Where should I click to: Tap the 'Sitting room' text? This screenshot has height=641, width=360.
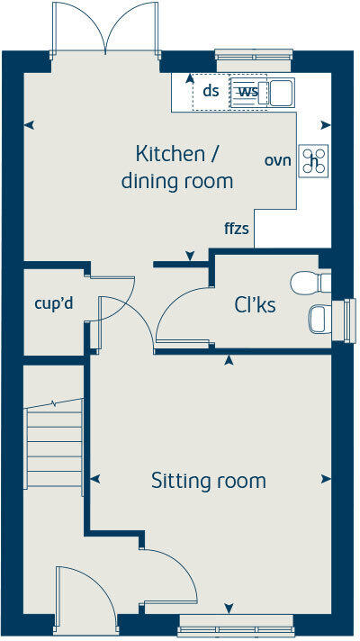pyautogui.click(x=208, y=481)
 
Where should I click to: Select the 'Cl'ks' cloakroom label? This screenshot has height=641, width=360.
pyautogui.click(x=255, y=305)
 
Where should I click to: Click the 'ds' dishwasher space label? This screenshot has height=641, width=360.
pyautogui.click(x=211, y=91)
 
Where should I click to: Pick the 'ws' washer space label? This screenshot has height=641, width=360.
pyautogui.click(x=247, y=91)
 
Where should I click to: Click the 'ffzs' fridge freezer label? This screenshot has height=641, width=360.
pyautogui.click(x=237, y=229)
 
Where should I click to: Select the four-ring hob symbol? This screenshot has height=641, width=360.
pyautogui.click(x=314, y=160)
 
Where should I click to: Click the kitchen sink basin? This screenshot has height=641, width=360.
pyautogui.click(x=280, y=92)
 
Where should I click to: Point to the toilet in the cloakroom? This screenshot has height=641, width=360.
pyautogui.click(x=311, y=283)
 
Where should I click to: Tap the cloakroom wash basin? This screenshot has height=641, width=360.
pyautogui.click(x=319, y=318)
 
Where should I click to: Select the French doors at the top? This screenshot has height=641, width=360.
pyautogui.click(x=106, y=32)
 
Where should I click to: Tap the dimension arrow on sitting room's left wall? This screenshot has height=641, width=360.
pyautogui.click(x=94, y=479)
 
